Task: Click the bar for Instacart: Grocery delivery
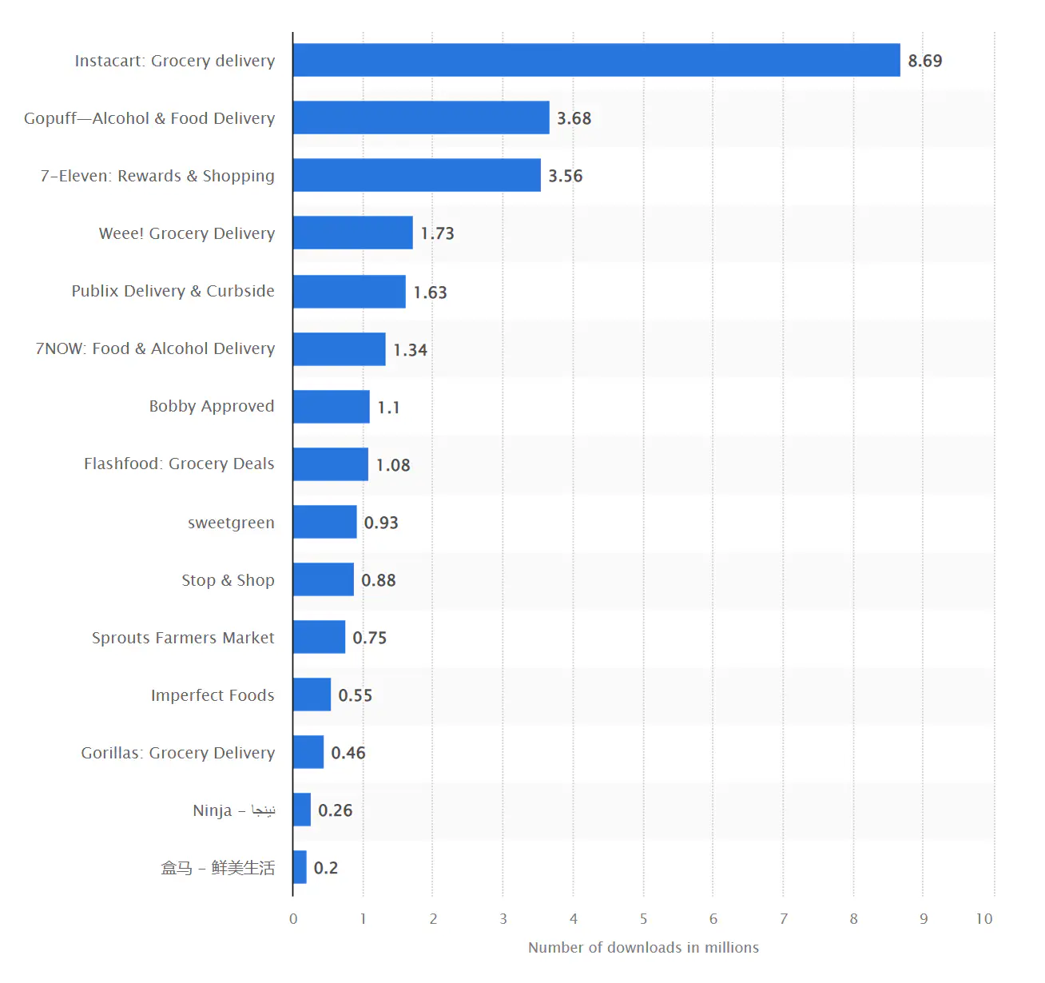pos(596,60)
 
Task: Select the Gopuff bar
pos(421,117)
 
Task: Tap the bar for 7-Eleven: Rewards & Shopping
pos(416,175)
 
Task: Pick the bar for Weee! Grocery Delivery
pos(352,233)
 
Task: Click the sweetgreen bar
pos(324,522)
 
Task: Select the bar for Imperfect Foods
pos(312,694)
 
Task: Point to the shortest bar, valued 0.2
pos(300,867)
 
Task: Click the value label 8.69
pos(924,61)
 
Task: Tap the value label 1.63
pos(430,293)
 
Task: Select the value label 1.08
pos(393,465)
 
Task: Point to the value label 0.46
pos(348,753)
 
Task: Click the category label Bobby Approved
pos(212,406)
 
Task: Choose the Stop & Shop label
pos(228,580)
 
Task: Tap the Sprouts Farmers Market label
pos(183,638)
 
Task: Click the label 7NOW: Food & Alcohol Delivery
pos(155,348)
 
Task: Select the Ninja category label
pos(233,810)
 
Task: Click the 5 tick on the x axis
pos(643,919)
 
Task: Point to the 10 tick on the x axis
pos(983,919)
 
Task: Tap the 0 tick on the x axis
pos(293,919)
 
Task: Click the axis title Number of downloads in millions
pos(643,948)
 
